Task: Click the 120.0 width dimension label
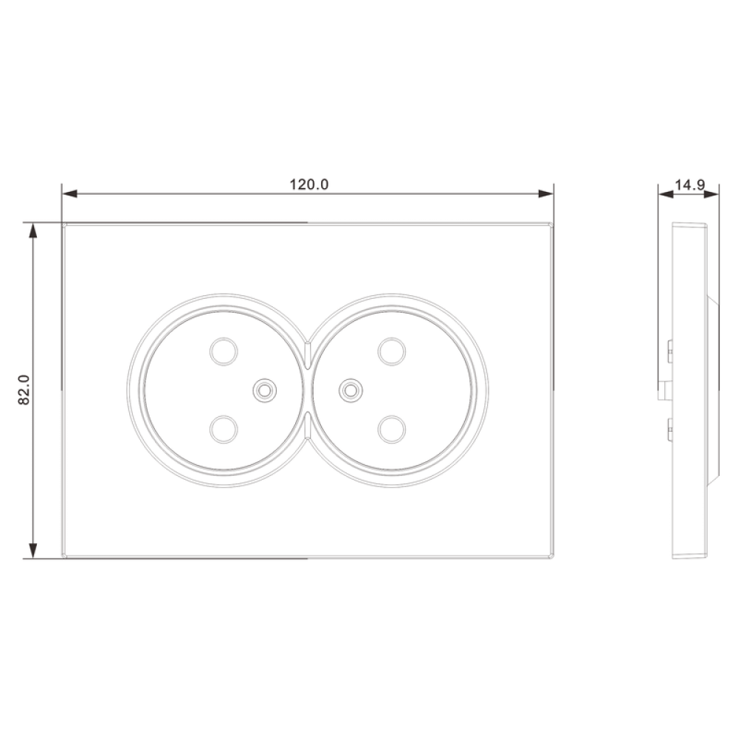pos(308,184)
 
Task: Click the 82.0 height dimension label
pos(24,390)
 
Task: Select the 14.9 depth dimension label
pos(689,184)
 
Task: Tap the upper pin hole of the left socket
pos(224,351)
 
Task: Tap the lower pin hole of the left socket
pos(224,430)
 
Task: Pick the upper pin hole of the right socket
pos(392,351)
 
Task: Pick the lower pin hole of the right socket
pos(392,430)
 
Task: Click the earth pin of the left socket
pos(264,390)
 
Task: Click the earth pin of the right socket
pos(351,390)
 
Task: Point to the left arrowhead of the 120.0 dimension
pos(69,193)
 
